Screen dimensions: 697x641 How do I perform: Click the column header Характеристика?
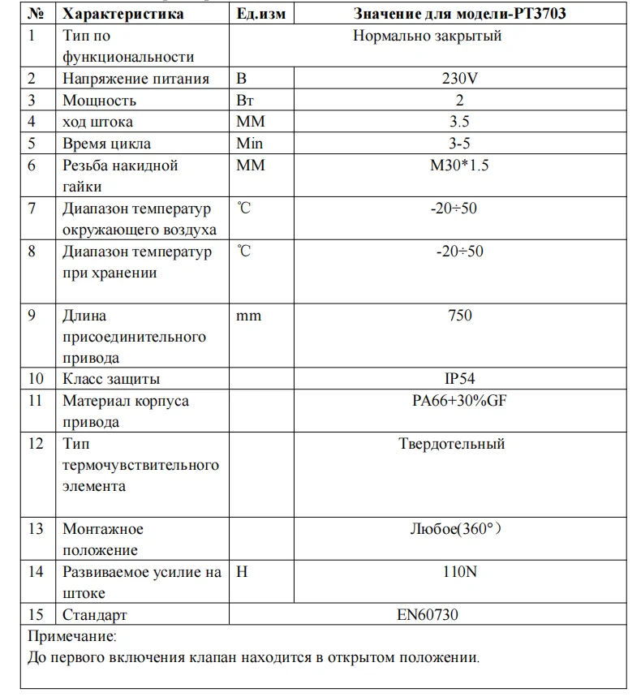[123, 14]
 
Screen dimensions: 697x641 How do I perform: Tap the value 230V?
[460, 79]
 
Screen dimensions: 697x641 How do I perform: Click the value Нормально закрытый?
[428, 36]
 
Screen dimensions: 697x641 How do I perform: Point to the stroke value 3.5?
[460, 123]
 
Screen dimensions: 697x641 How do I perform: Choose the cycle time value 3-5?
[460, 144]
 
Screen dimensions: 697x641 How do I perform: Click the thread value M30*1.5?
[460, 166]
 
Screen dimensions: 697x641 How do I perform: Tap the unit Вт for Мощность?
[245, 101]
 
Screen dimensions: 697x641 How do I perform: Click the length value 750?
[460, 316]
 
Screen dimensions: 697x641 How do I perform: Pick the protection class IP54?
[460, 379]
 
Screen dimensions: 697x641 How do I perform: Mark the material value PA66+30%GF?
[460, 401]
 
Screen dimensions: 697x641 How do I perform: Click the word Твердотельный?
[452, 444]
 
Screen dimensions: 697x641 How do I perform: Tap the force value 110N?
[460, 572]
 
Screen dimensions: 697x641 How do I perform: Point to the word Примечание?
[72, 636]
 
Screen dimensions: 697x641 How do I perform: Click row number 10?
[35, 379]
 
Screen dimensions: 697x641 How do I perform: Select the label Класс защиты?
[111, 379]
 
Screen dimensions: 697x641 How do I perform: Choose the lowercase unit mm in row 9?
[248, 316]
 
